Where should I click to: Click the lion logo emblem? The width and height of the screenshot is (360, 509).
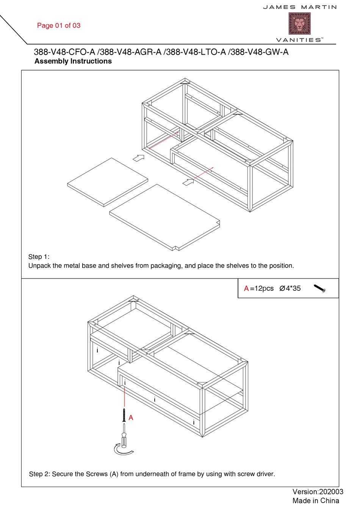coord(299,23)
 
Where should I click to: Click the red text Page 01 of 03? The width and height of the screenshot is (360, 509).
coord(59,25)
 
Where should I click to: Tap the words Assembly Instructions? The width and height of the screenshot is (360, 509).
coord(73,61)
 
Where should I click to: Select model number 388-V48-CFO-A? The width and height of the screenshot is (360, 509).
coord(64,52)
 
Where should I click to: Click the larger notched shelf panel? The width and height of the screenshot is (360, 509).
coord(164,217)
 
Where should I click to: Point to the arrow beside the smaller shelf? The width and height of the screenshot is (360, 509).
coord(139,158)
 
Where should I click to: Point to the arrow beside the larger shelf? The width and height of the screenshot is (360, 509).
coord(188,182)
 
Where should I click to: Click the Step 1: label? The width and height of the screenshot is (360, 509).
coord(39,257)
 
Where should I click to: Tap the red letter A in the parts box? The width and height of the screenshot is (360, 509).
coord(246,288)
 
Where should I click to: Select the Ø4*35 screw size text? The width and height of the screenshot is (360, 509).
coord(290,288)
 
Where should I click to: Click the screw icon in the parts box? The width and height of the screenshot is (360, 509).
coord(320,288)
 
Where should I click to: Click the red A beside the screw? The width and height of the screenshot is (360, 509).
coord(131,418)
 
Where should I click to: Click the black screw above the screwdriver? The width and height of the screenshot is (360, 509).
coord(124,415)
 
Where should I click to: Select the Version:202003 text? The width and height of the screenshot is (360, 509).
coord(318,492)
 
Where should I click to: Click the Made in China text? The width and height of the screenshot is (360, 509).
coord(316,501)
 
